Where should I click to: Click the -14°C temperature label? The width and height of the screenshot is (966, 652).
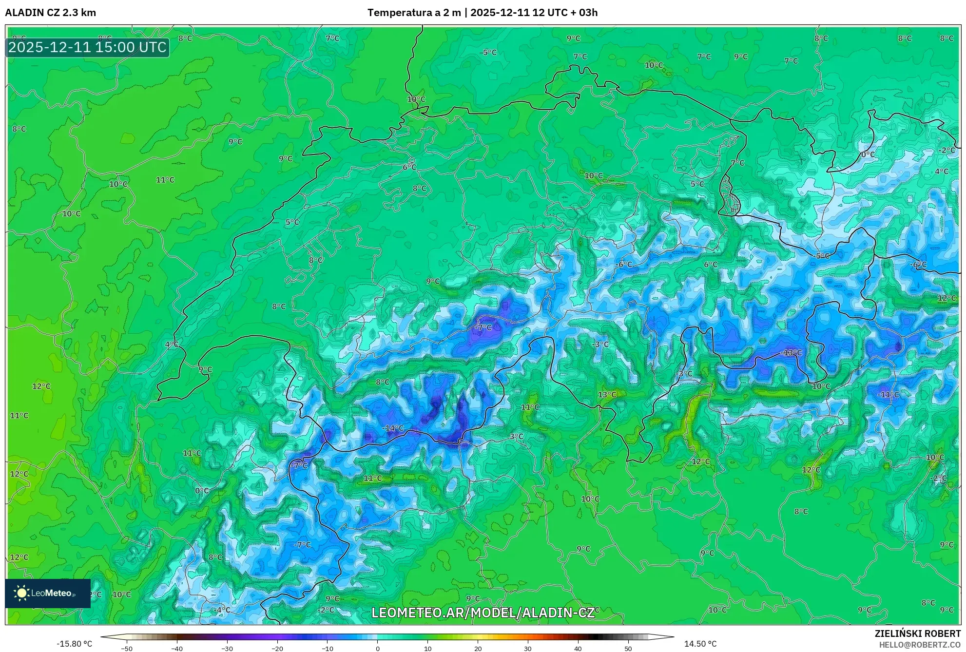[394, 428]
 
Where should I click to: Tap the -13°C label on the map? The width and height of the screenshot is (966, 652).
[791, 352]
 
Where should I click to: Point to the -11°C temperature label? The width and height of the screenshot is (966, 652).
[889, 394]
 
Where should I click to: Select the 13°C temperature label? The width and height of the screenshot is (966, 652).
[607, 394]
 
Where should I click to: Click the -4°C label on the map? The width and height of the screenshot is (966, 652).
[223, 610]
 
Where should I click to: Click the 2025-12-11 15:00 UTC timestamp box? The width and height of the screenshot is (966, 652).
[88, 47]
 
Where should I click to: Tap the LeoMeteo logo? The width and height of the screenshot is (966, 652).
[48, 593]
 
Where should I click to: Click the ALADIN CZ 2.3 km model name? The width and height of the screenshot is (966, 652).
[51, 13]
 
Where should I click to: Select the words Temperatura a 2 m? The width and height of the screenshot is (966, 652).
[414, 13]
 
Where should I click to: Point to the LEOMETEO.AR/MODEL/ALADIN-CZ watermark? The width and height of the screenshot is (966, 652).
[483, 613]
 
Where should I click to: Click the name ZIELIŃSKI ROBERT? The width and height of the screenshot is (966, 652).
[918, 633]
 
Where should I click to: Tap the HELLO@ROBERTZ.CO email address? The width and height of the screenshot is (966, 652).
[920, 645]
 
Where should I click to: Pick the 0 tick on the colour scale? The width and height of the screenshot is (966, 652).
[377, 648]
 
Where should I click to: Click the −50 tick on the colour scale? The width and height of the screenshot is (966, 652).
[127, 648]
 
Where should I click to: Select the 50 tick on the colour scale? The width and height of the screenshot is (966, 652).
[628, 648]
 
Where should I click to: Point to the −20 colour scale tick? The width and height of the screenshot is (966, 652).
[277, 648]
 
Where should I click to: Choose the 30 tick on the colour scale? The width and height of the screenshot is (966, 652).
[528, 648]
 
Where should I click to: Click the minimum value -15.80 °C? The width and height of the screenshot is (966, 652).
[74, 644]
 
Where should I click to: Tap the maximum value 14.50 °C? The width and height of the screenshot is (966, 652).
[700, 644]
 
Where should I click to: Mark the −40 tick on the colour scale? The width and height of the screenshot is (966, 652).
[177, 648]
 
